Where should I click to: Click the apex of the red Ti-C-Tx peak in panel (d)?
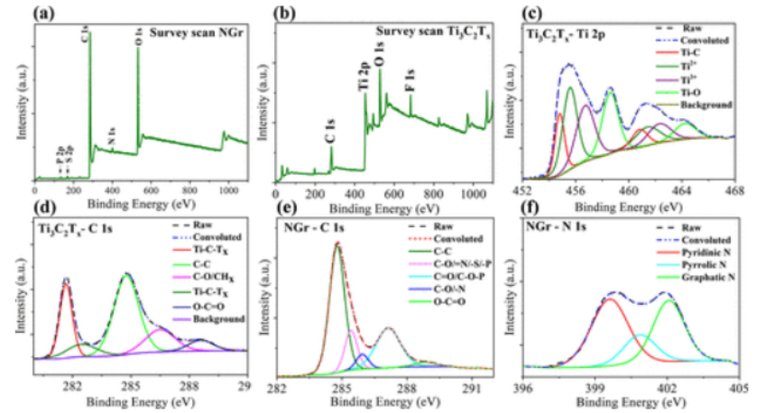pyautogui.click(x=66, y=281)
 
